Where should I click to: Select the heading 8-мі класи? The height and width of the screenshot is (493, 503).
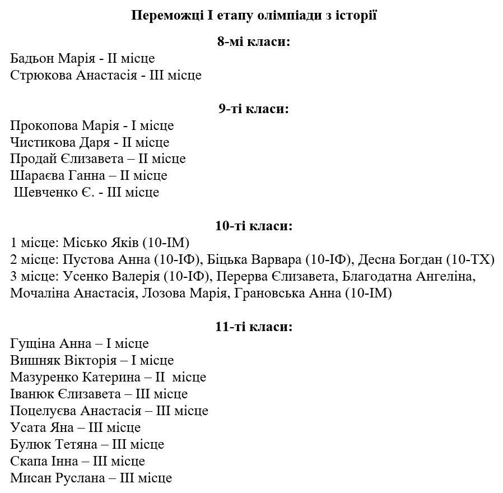tap(254, 41)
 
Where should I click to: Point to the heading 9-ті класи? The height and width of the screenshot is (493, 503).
tap(254, 109)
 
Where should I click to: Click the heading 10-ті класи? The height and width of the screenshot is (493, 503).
tap(254, 226)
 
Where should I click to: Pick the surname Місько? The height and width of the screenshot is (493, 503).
tap(81, 243)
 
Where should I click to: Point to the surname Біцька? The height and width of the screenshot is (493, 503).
tap(227, 260)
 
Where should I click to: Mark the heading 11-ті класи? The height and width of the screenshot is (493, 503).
tap(254, 327)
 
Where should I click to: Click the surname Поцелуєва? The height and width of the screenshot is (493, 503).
tap(43, 411)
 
